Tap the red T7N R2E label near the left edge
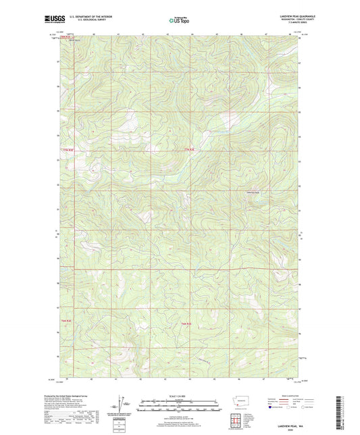click(66, 149)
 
